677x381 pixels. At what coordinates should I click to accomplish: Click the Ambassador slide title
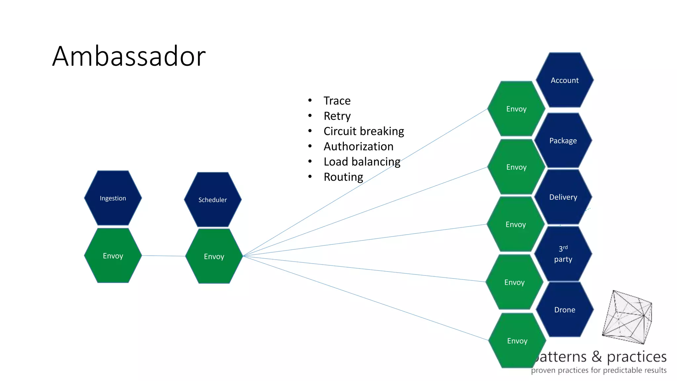pos(129,56)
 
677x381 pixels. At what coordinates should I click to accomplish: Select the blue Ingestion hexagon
pos(113,198)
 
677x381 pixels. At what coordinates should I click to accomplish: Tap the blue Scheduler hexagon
pos(213,200)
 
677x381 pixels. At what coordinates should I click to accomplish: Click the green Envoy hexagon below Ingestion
pos(113,256)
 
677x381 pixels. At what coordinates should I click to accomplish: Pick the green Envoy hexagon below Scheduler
pos(214,256)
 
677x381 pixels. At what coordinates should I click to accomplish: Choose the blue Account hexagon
pos(565,80)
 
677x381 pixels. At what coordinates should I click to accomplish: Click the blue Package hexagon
pos(563,141)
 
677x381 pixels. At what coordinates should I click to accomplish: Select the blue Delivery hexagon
pos(563,197)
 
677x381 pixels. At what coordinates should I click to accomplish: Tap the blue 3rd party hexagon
pos(563,254)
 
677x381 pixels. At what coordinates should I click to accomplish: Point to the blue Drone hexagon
pos(565,310)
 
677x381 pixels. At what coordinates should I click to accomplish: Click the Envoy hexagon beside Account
pos(516,109)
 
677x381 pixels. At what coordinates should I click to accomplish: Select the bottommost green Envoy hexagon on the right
pos(517,341)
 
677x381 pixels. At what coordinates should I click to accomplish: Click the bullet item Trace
pos(337,101)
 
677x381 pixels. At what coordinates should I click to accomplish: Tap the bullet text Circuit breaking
pos(364,131)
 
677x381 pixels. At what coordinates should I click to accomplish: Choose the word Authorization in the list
pos(358,147)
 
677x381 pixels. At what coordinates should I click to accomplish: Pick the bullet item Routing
pos(343,177)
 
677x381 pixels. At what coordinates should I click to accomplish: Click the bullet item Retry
pos(337,116)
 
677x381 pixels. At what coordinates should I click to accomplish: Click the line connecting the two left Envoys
pos(164,256)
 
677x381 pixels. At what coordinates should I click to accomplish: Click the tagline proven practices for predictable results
pos(599,370)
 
